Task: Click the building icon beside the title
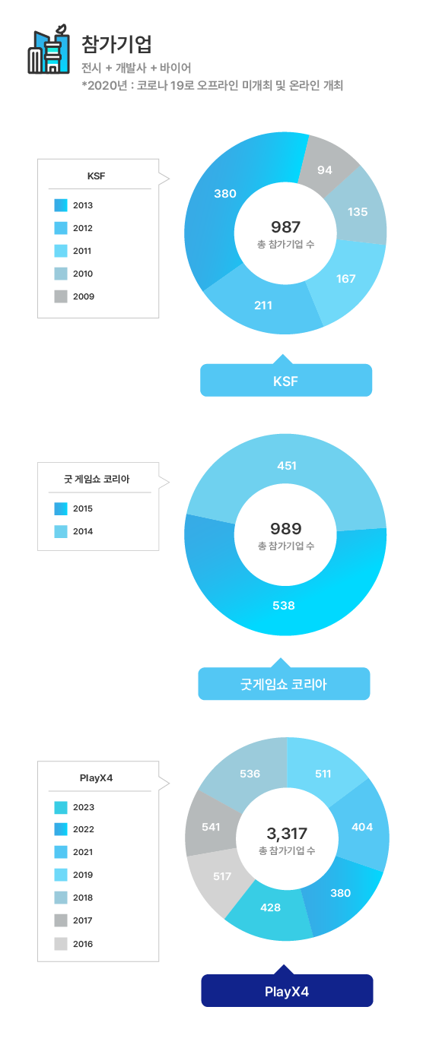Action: (48, 49)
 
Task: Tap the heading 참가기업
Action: (116, 44)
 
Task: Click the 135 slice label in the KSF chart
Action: (358, 212)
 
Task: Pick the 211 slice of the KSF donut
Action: (262, 306)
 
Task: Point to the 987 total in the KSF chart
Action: (285, 227)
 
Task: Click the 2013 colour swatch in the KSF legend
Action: (61, 205)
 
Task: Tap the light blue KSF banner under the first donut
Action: (286, 380)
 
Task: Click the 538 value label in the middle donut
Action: (284, 606)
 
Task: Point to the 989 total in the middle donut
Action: (286, 529)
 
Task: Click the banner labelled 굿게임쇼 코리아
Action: (284, 683)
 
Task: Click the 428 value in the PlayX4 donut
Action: (270, 907)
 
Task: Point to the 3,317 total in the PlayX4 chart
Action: (287, 833)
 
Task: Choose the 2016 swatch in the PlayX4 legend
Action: (61, 944)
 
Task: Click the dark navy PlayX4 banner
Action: (287, 990)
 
